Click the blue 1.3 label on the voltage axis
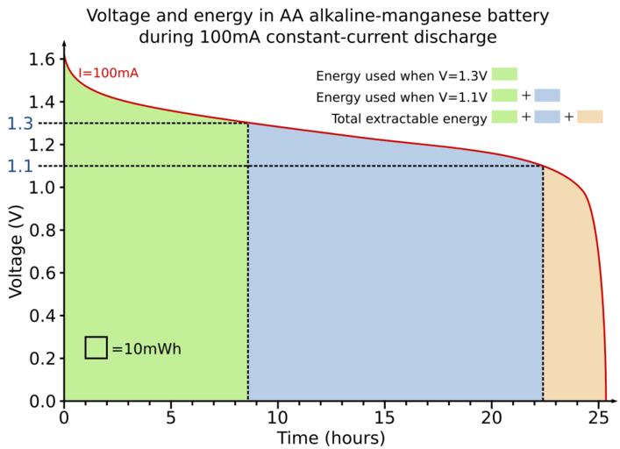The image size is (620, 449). (x=19, y=123)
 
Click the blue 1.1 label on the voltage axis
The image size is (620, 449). (x=19, y=166)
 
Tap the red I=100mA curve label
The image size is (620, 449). (x=108, y=73)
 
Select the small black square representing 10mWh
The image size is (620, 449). (x=96, y=347)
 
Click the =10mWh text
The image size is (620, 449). (x=146, y=348)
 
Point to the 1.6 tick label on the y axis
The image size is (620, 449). (x=40, y=60)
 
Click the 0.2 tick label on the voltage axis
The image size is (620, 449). (x=40, y=358)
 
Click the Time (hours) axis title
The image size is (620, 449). (x=331, y=437)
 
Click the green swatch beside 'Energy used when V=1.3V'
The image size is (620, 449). (x=505, y=75)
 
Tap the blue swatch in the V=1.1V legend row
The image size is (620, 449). (x=546, y=96)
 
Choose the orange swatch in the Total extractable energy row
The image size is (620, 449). (x=589, y=118)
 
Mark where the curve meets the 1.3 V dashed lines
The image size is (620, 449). (x=248, y=123)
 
